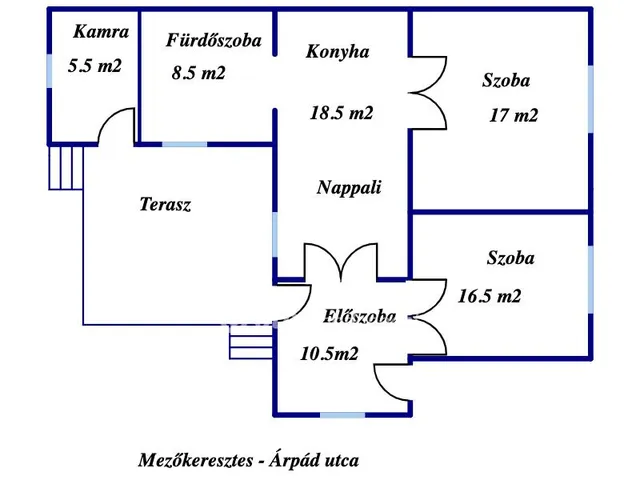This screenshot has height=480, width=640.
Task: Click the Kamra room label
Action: (101, 32)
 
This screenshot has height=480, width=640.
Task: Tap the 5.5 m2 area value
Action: (95, 66)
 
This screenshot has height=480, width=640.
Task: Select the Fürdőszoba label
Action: (213, 41)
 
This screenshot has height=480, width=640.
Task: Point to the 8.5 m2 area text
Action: (198, 73)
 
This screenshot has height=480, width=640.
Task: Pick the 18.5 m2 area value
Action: (341, 113)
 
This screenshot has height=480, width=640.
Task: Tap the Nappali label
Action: (348, 187)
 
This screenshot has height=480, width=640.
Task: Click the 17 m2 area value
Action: (513, 115)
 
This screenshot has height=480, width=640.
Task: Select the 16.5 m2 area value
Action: (489, 296)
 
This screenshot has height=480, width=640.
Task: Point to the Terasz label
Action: (165, 205)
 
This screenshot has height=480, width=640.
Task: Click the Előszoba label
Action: (360, 317)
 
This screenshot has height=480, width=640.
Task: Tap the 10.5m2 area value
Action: (330, 352)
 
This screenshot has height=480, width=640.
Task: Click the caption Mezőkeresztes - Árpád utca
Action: (248, 460)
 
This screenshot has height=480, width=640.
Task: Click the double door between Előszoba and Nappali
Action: (342, 262)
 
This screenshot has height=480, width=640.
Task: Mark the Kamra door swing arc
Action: (118, 127)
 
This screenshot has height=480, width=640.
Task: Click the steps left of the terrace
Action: (66, 166)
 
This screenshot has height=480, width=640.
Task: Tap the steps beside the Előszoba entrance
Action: (251, 344)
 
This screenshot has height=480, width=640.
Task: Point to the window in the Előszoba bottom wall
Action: (342, 413)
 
